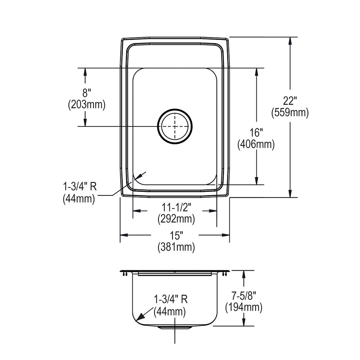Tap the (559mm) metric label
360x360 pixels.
click(x=290, y=113)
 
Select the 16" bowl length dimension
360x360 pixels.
click(x=256, y=133)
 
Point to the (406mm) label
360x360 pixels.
click(x=256, y=144)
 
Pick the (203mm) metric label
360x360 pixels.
click(x=86, y=104)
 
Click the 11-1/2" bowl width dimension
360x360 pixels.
click(x=176, y=207)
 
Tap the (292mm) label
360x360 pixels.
click(x=176, y=218)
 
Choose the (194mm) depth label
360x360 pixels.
click(x=244, y=307)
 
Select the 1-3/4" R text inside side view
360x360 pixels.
click(x=170, y=300)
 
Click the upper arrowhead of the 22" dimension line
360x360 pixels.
click(x=290, y=41)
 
